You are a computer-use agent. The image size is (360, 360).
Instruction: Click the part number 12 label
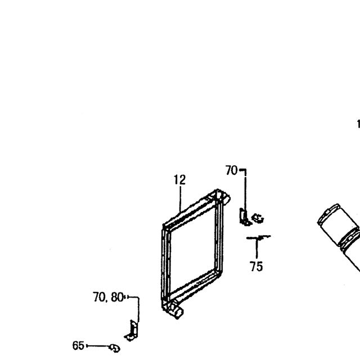pyautogui.click(x=179, y=180)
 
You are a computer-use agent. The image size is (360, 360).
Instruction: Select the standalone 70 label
pyautogui.click(x=231, y=170)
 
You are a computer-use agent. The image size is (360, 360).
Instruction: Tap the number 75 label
pyautogui.click(x=256, y=267)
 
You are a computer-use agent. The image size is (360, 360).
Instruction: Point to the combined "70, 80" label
pyautogui.click(x=109, y=297)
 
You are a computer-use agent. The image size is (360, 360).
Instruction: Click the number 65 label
pyautogui.click(x=78, y=346)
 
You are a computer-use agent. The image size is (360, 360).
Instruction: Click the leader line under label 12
pyautogui.click(x=181, y=199)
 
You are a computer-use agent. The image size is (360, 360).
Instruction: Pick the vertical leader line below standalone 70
pyautogui.click(x=245, y=191)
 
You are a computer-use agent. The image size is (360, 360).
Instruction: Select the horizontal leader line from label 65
pyautogui.click(x=97, y=346)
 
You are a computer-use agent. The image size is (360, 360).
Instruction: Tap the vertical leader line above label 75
pyautogui.click(x=256, y=249)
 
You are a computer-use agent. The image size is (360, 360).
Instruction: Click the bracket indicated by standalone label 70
pyautogui.click(x=244, y=217)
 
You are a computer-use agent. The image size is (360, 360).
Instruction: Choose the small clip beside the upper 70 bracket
pyautogui.click(x=258, y=218)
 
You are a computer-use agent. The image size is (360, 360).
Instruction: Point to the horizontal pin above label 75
pyautogui.click(x=259, y=237)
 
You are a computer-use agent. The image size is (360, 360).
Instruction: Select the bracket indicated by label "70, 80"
pyautogui.click(x=132, y=331)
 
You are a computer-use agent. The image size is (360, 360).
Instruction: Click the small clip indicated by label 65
pyautogui.click(x=115, y=348)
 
